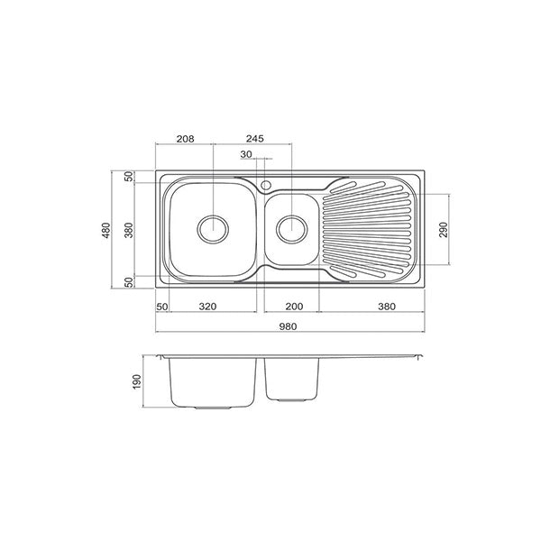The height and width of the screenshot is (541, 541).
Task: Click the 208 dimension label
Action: (x=185, y=140)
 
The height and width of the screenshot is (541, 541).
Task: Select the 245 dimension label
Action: (x=253, y=140)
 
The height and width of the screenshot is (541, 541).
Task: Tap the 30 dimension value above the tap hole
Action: (x=247, y=155)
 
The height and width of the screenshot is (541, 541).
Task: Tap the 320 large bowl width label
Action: (x=206, y=307)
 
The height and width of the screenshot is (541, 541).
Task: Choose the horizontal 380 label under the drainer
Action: (x=386, y=307)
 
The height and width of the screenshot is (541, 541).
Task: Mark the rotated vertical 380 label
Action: (x=128, y=230)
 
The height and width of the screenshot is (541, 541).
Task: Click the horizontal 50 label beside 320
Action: (x=162, y=307)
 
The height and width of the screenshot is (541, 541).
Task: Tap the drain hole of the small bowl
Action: (x=291, y=229)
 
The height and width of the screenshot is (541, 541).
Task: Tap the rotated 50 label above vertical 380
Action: (x=128, y=177)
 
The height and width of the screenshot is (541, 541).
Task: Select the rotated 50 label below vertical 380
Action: (x=128, y=282)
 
